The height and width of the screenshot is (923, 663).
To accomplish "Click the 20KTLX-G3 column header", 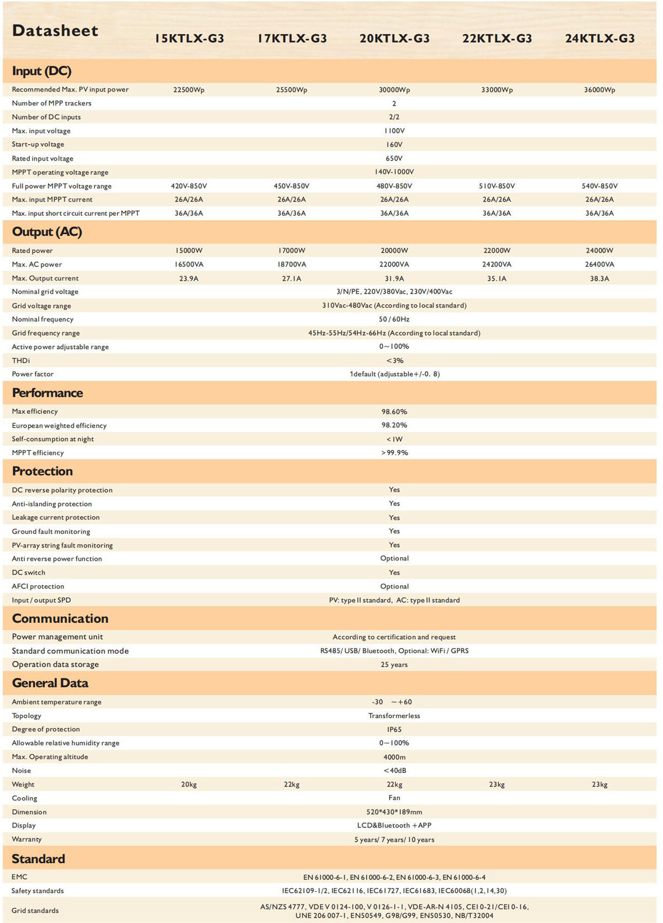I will point(394,39).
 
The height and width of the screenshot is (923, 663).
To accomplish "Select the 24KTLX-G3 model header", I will point(599,39).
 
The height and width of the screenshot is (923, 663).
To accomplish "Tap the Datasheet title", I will point(55,31).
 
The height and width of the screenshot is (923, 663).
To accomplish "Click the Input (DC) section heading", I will point(41,71).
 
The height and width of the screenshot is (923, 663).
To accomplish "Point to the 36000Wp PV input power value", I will point(599,89).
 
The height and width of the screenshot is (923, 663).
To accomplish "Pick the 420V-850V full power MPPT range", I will point(189,186).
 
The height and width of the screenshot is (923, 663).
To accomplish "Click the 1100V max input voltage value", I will point(394,131).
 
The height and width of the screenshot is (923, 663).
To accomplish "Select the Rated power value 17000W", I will point(292,251).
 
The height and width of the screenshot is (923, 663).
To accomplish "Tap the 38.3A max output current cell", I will point(599,278).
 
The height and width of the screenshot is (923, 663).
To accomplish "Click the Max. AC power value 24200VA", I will point(497,264).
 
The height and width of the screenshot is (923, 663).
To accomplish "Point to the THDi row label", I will point(21,360).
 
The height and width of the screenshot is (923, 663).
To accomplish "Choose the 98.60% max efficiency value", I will point(394,412).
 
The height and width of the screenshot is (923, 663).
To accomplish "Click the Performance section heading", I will point(48,393).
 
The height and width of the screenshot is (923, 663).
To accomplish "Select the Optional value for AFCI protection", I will point(394,586).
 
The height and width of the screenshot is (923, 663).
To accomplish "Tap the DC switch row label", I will point(29,572).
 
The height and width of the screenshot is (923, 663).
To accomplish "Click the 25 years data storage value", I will point(394,665).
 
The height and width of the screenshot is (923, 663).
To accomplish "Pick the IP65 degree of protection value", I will point(394,729).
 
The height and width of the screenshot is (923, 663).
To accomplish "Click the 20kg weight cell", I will point(189,784).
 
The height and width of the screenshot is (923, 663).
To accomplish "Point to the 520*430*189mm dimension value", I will point(394,812).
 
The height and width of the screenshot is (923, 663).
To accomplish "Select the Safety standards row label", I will point(38,890).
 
